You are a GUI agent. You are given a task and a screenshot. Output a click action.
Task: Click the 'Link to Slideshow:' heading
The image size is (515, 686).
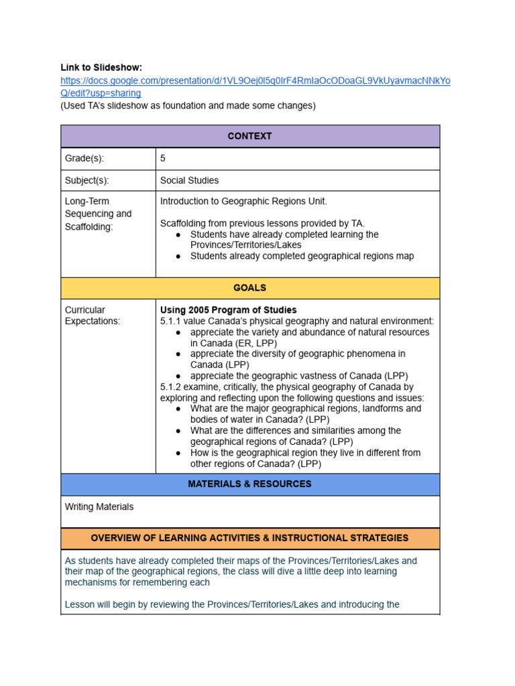pos(101,68)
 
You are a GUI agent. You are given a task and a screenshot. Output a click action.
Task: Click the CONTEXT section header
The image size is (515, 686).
pos(249,136)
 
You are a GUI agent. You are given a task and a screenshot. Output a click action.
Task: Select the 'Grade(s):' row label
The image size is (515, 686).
pos(84,159)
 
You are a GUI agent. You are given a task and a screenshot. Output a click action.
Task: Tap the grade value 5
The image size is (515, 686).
pos(163,159)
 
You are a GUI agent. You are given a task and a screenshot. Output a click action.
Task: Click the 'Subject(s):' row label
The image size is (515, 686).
pos(87,180)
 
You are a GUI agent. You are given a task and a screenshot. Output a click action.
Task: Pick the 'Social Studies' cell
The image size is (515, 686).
pos(189,180)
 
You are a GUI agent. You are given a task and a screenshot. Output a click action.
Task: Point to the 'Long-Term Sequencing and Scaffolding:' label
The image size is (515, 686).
pos(98,214)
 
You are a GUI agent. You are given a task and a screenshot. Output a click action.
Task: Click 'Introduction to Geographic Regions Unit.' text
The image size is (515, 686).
pos(243,201)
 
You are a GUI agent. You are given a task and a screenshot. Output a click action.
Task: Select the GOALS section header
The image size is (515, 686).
pos(249,288)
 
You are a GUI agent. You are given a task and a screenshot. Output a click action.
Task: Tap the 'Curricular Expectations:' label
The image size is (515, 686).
pos(93,316)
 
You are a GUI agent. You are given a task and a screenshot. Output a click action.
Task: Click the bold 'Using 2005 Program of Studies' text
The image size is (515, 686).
pos(228,310)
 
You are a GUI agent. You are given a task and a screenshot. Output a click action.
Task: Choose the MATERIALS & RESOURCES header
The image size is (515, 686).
pos(249,484)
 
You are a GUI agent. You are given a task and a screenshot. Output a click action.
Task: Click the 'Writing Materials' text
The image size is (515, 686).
pos(99,507)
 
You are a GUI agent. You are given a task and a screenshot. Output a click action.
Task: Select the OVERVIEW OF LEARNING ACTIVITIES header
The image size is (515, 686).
pos(249,538)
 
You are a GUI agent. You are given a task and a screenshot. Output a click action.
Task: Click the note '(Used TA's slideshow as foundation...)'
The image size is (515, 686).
pos(188,106)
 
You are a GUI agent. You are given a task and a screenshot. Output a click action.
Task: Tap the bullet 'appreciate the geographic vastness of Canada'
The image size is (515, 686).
pos(299,376)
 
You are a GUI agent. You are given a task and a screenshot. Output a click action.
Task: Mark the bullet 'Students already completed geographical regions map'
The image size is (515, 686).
pos(302,256)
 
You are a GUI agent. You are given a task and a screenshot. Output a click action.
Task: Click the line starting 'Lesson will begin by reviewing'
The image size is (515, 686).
pos(232,604)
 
